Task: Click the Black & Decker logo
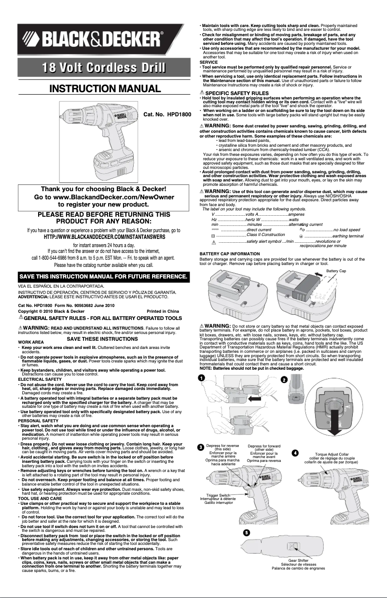[x=97, y=38]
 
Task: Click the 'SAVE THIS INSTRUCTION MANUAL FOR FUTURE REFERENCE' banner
[x=103, y=277]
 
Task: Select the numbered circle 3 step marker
[x=200, y=447]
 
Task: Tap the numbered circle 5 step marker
[x=246, y=532]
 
